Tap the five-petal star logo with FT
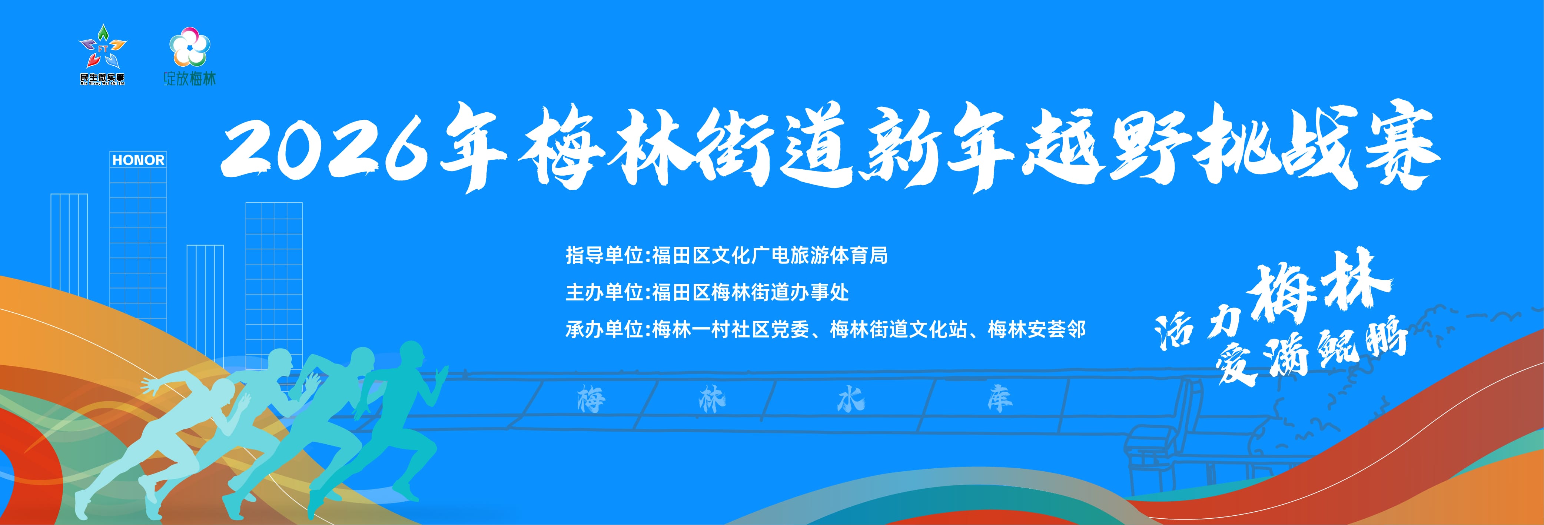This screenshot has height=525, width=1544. tap(103, 48)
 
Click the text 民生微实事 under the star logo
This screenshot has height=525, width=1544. tap(103, 79)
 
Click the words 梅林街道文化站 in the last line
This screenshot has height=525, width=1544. tap(899, 330)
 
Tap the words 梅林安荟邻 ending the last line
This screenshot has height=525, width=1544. tap(1037, 330)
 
